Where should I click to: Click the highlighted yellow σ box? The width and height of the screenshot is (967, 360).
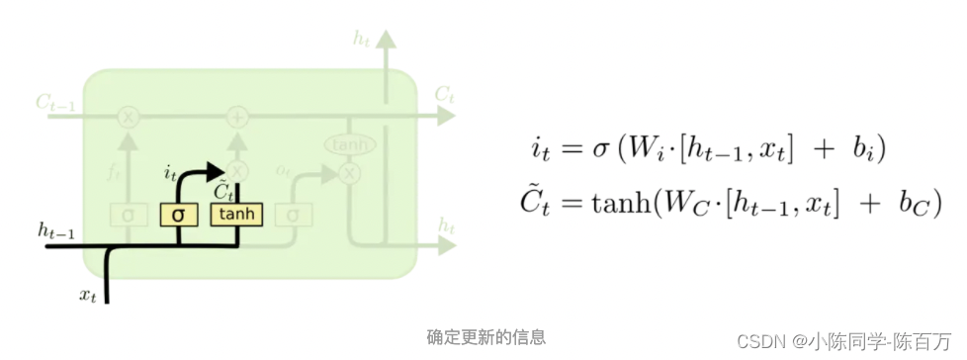coord(178,215)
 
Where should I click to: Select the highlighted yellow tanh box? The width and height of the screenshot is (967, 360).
coord(235,215)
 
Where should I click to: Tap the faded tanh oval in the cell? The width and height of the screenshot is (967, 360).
coord(350,145)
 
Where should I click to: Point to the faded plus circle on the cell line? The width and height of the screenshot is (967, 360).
coord(237,117)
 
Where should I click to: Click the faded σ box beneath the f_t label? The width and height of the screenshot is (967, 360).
coord(128,215)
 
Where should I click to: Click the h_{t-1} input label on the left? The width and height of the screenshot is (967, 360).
coord(57,230)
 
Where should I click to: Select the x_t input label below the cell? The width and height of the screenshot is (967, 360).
coord(89,294)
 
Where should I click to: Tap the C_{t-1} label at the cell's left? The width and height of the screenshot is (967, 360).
coord(56,102)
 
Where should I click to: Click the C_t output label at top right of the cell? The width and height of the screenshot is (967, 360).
coord(444,94)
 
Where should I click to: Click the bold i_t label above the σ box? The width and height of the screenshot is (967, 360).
coord(170,173)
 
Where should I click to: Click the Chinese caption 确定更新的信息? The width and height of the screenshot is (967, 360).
coord(485,337)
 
